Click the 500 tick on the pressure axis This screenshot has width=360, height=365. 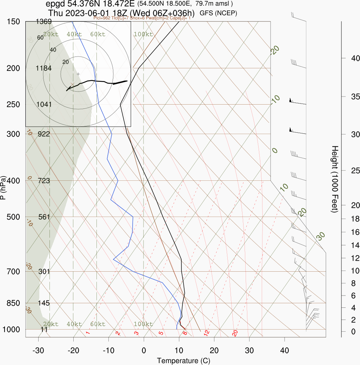(x=13, y=217)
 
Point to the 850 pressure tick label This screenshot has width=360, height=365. (x=13, y=303)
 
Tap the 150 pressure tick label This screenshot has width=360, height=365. (x=13, y=22)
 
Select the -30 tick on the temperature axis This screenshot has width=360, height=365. (x=38, y=350)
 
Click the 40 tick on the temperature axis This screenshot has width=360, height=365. (x=285, y=350)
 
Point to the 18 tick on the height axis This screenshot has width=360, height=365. (x=355, y=219)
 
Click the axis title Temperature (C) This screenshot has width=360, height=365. (x=184, y=360)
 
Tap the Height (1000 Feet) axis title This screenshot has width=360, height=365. (x=335, y=179)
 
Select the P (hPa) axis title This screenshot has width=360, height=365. (x=4, y=187)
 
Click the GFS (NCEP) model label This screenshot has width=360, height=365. (x=219, y=13)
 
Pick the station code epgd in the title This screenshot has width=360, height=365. (x=55, y=4)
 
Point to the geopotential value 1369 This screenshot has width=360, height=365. (x=44, y=22)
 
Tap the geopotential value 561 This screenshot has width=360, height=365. (x=44, y=217)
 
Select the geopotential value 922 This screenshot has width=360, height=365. (x=44, y=134)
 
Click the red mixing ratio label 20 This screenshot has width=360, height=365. (x=235, y=333)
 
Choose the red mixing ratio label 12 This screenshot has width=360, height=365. (x=207, y=332)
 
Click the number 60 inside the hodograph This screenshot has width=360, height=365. (x=40, y=38)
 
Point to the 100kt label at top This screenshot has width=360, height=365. (x=144, y=34)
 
